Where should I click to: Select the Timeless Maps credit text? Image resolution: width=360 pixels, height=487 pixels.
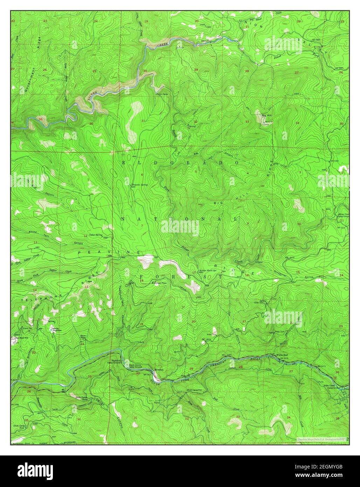click(x=321, y=438)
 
